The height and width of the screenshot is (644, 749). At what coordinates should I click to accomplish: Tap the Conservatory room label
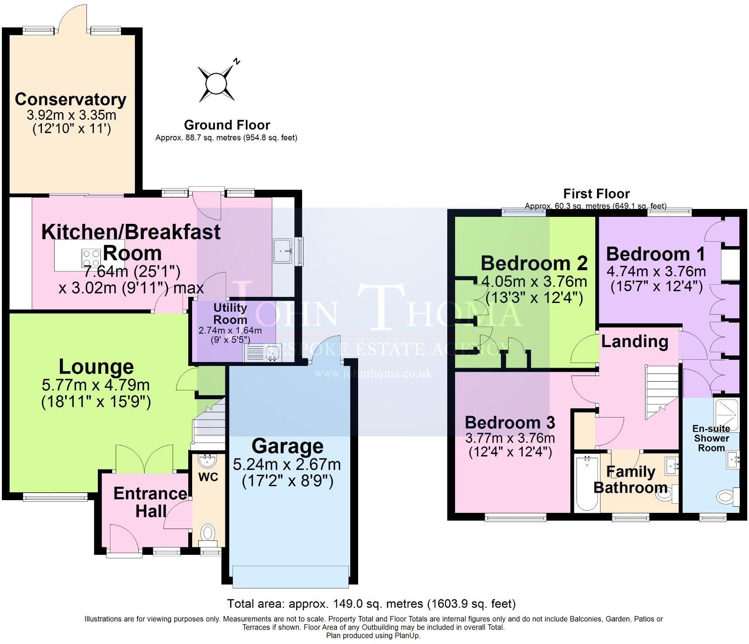click(70, 100)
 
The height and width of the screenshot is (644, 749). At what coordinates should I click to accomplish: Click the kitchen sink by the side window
click(283, 251)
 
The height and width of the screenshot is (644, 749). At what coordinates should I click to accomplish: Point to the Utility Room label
click(230, 313)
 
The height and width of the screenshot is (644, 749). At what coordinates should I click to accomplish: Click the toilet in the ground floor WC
click(207, 534)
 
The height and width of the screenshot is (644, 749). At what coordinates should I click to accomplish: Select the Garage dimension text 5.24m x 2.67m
click(287, 464)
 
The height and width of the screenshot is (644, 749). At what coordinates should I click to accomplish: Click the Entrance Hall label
click(150, 502)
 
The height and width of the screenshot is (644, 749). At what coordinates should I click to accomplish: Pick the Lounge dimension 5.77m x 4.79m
click(96, 385)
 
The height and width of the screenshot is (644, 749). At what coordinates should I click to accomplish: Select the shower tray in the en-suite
click(726, 414)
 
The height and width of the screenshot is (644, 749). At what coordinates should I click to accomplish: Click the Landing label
click(635, 342)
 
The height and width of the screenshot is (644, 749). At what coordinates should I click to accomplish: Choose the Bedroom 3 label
click(510, 422)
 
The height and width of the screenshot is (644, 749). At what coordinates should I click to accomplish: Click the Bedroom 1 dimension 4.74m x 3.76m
click(656, 272)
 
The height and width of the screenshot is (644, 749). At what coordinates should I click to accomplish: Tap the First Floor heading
click(596, 194)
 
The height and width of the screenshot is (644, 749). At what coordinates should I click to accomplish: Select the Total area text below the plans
click(371, 604)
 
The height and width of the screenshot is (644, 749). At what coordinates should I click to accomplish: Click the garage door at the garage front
click(291, 577)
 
